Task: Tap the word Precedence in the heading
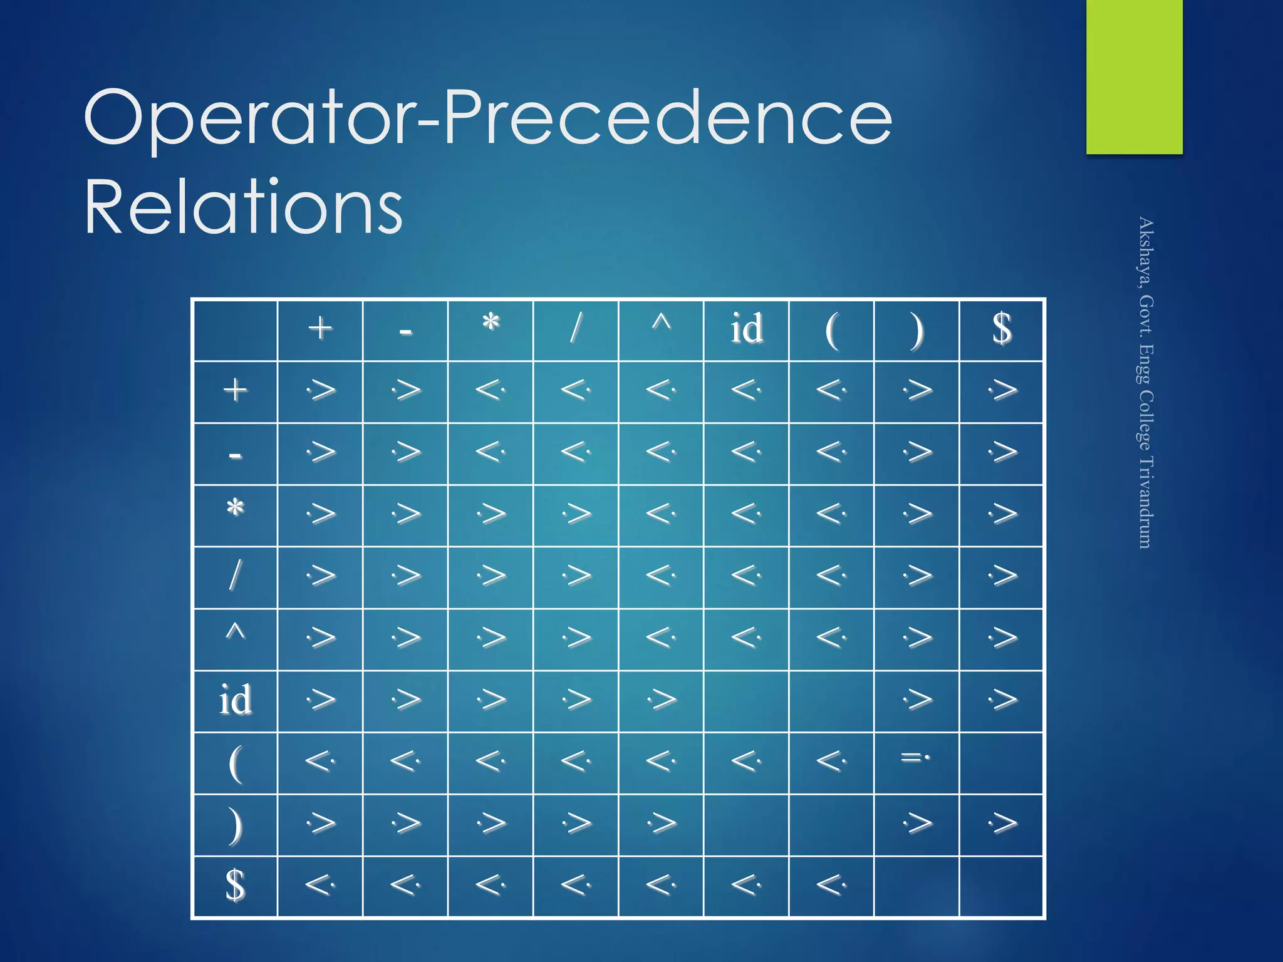(667, 118)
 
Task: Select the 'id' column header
(746, 329)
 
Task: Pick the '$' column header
(1002, 329)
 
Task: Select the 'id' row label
(235, 700)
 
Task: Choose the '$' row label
(235, 886)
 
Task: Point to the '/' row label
(235, 576)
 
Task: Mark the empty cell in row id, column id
(746, 700)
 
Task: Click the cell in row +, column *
(491, 391)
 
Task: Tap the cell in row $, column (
(831, 886)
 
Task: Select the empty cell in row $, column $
(1002, 886)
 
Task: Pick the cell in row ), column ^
(661, 824)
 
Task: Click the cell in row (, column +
(320, 762)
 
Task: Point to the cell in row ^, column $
(1002, 638)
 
